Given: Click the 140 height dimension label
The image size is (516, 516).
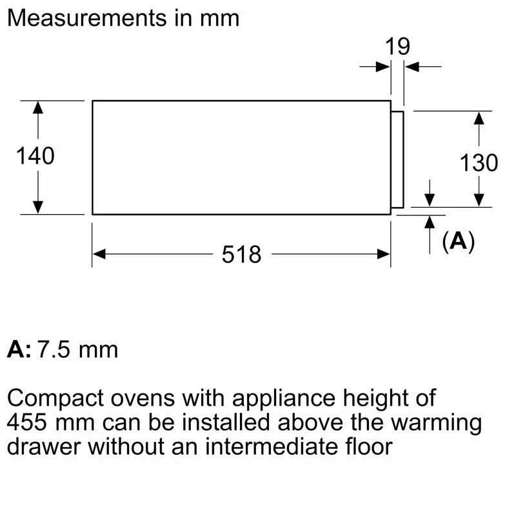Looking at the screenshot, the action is click(x=35, y=155).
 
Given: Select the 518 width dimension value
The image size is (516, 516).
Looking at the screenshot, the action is click(x=241, y=254).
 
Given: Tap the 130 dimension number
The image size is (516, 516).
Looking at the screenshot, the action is click(x=479, y=163).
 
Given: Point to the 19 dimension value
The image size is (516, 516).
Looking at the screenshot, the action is click(x=397, y=46).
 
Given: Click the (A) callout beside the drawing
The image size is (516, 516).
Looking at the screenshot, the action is click(x=459, y=241).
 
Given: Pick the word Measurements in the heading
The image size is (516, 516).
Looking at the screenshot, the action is click(x=87, y=18).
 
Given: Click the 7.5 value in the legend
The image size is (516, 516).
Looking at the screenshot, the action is click(x=54, y=350).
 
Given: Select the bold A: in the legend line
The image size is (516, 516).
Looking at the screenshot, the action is click(x=19, y=350).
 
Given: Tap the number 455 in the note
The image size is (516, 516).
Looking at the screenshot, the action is click(x=26, y=422).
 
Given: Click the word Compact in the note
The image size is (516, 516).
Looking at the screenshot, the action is click(x=55, y=399).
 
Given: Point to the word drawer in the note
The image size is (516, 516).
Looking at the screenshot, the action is click(x=44, y=446).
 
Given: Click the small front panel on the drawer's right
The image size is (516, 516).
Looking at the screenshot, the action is click(x=397, y=159).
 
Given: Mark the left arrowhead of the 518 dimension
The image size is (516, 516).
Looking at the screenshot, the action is click(x=99, y=254).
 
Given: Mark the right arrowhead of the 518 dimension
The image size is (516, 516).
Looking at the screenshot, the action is click(x=384, y=254).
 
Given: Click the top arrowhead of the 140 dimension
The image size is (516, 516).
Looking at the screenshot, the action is click(x=38, y=107).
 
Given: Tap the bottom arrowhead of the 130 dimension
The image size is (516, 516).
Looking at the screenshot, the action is click(x=479, y=201).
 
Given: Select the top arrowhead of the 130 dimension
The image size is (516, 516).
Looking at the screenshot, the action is click(x=479, y=118).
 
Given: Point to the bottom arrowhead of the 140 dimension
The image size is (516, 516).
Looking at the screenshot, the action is click(x=38, y=208).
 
